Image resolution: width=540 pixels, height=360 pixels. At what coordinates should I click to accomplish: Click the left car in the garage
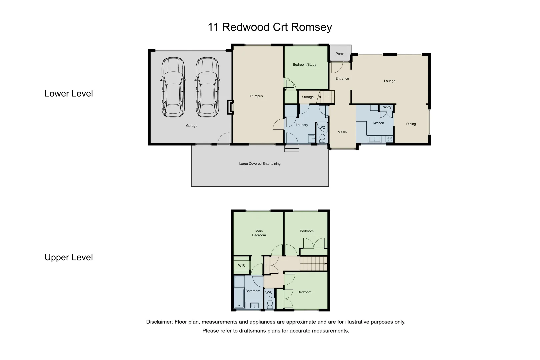click(173, 87)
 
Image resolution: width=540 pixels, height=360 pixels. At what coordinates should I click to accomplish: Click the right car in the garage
click(207, 87)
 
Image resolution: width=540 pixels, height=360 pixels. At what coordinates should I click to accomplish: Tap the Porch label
click(340, 54)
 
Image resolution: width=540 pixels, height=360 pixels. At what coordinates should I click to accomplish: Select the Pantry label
click(386, 107)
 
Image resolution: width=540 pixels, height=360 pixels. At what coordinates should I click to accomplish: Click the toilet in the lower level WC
click(322, 138)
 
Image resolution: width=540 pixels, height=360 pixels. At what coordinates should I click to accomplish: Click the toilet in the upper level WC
click(270, 304)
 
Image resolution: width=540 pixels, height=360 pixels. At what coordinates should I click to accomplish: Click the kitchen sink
click(375, 139)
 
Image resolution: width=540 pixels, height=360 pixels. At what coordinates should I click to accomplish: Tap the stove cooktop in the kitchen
click(389, 139)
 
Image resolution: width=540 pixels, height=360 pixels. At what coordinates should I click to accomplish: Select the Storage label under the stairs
click(308, 97)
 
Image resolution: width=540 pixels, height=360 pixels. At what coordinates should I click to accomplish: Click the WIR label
click(241, 266)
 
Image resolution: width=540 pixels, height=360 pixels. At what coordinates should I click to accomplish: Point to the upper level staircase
click(313, 264)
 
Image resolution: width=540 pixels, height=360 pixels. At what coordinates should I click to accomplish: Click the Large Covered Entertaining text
click(260, 164)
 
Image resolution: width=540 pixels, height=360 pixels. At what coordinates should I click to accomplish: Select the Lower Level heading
click(69, 94)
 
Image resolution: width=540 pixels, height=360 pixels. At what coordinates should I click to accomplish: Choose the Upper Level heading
click(69, 257)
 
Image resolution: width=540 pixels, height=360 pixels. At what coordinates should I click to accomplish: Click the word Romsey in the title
click(313, 27)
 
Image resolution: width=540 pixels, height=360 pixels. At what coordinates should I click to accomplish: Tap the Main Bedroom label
click(259, 233)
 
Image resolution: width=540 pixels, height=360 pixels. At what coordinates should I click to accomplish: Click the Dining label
click(411, 124)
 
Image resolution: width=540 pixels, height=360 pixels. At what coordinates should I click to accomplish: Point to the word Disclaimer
click(159, 322)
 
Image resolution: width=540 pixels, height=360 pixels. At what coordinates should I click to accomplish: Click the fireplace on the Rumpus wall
click(230, 107)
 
